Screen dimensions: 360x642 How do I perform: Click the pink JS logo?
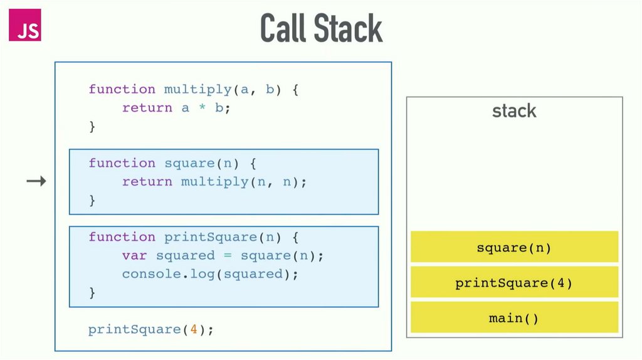25,26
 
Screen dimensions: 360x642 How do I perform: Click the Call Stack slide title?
321,28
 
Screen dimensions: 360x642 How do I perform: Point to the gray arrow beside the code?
36,182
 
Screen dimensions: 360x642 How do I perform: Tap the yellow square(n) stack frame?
514,247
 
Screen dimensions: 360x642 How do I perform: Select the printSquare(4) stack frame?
514,283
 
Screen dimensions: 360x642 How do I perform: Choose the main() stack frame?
514,318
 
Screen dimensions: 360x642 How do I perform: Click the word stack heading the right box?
514,112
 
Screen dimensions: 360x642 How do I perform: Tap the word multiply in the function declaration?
197,89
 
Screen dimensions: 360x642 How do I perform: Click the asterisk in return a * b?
202,109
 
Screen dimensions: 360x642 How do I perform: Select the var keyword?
134,255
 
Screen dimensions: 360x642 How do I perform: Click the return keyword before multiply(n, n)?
147,182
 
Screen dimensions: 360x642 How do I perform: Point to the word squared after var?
185,255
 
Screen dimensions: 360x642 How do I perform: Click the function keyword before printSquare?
122,237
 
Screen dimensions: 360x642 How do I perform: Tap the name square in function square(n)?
189,163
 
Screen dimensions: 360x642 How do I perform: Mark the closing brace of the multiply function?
92,126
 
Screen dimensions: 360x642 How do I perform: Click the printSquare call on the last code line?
134,329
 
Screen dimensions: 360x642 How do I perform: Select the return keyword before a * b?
147,108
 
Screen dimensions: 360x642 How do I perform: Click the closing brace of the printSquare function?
92,292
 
